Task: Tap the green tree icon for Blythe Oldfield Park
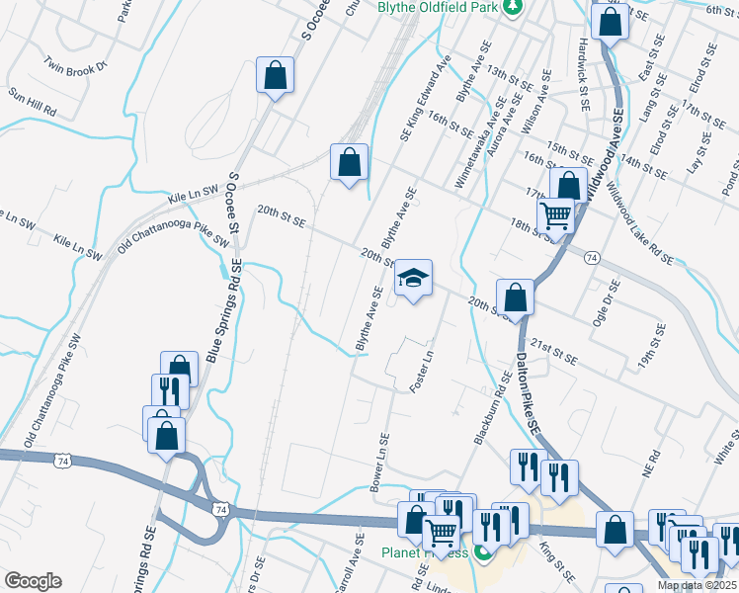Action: coord(512,8)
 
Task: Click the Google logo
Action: coord(33,581)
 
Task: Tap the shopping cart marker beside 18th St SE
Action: coord(557,214)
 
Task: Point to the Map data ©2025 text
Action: coord(697,585)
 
